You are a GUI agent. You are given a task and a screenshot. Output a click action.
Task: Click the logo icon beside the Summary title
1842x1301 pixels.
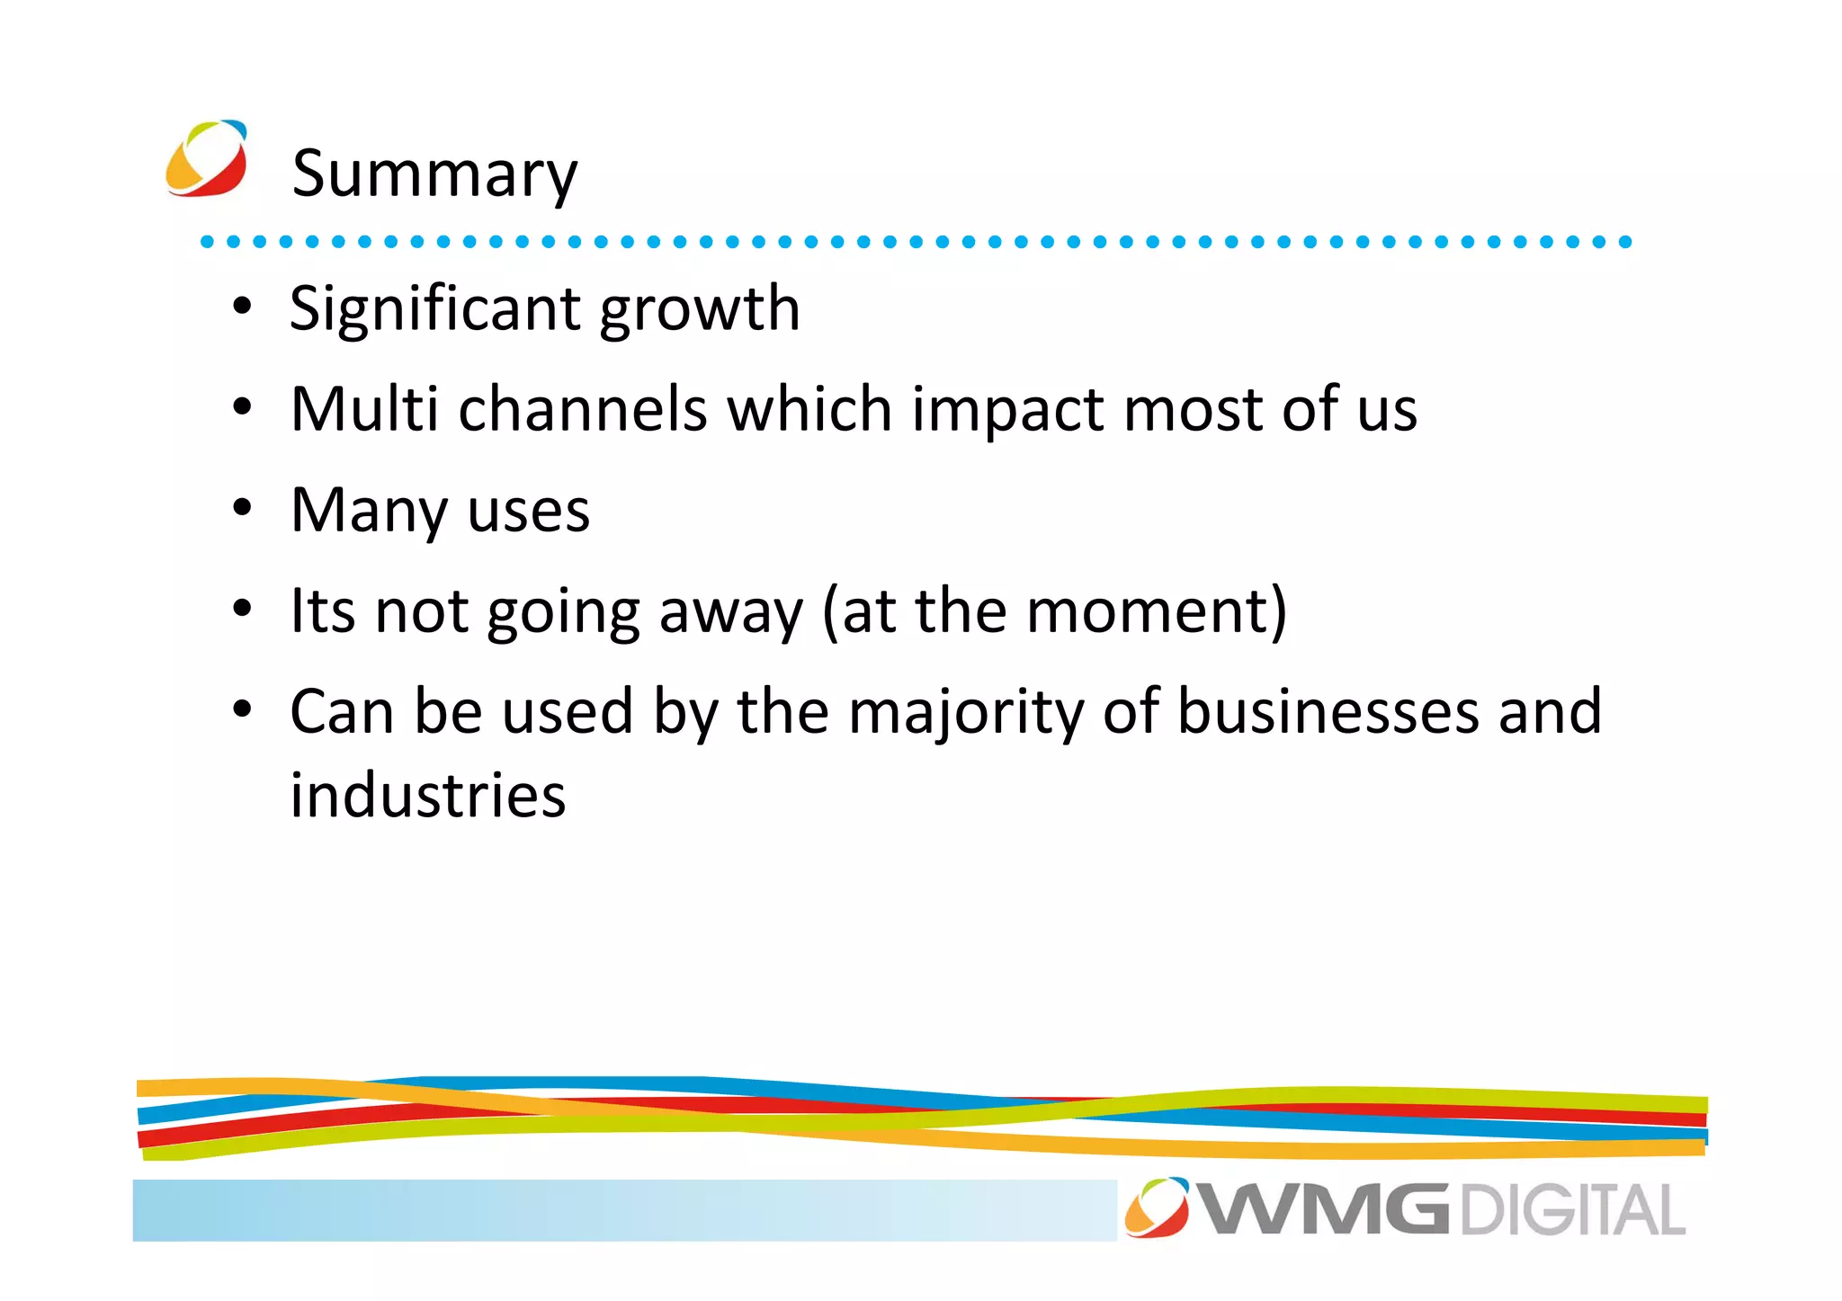click(x=207, y=159)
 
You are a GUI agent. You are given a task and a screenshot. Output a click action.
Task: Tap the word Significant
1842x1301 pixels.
click(x=435, y=309)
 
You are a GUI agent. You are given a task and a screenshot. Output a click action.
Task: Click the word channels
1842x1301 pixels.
click(x=583, y=410)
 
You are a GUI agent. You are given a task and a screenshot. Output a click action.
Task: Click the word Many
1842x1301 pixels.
click(x=369, y=511)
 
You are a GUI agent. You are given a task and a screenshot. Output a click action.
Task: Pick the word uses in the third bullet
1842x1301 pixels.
click(x=528, y=511)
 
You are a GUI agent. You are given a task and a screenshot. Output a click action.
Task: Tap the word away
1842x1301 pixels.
click(x=730, y=611)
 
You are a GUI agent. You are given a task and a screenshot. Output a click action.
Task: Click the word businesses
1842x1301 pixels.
click(x=1328, y=712)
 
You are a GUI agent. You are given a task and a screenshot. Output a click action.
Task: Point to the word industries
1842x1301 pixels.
click(x=428, y=796)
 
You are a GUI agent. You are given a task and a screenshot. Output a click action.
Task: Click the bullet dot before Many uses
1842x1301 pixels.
click(x=242, y=509)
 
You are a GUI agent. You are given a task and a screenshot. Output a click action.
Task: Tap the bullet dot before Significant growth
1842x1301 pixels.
click(x=242, y=307)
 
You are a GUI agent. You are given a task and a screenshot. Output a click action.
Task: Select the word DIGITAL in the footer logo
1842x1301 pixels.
click(x=1572, y=1210)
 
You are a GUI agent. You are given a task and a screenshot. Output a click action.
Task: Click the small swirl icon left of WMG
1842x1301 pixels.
click(x=1157, y=1207)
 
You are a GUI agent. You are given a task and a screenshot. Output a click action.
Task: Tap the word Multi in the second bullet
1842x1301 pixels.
click(x=364, y=410)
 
